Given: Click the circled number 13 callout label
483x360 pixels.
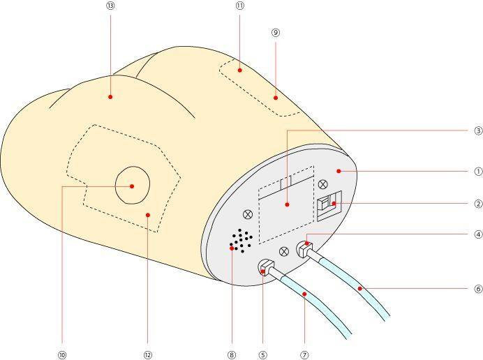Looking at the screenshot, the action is point(111,6).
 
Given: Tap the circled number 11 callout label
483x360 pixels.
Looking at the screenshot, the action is point(239,6).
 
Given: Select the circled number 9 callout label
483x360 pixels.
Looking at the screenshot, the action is point(276,32).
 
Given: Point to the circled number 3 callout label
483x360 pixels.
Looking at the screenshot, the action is point(478,130).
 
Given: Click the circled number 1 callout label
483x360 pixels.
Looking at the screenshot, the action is point(478,171).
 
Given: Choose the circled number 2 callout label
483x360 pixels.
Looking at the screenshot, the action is point(478,204).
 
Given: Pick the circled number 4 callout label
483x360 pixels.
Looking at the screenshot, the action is point(478,234).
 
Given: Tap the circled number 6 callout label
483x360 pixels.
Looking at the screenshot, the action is point(478,288).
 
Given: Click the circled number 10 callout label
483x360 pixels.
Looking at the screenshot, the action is point(62,354).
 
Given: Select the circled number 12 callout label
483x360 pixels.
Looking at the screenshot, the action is point(148,354).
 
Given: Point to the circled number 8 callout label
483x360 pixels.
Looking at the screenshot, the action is point(232,354).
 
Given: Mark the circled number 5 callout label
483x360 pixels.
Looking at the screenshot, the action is point(262,354).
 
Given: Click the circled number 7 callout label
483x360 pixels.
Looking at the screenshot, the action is point(304,354).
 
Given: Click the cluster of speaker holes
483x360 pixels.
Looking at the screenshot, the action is point(241,240).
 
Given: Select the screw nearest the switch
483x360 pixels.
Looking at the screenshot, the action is point(322,185).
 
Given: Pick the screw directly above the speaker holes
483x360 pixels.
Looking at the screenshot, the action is point(248,214).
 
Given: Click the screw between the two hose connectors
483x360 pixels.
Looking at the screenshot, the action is point(284,251).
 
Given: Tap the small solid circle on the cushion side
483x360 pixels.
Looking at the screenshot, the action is point(132,186).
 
